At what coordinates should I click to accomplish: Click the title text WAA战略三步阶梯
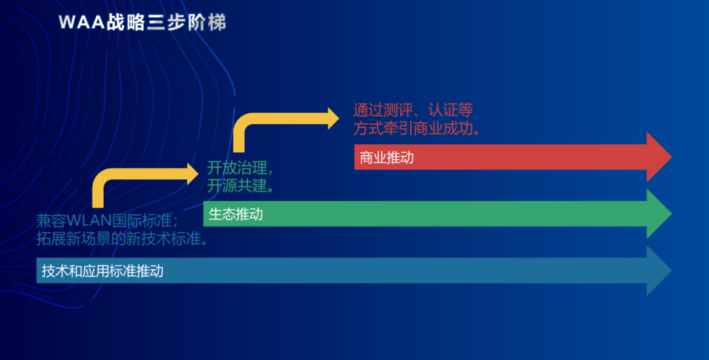click(x=142, y=23)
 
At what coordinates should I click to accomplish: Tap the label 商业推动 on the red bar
click(x=387, y=158)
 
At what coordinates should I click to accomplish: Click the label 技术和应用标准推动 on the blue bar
click(x=102, y=271)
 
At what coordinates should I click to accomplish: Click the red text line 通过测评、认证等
click(x=413, y=110)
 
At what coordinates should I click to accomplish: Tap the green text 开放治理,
click(x=239, y=167)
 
